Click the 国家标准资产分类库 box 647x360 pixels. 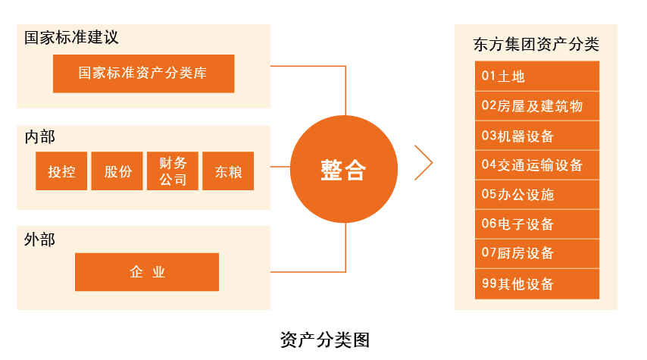coord(144,74)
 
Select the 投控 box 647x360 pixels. coord(61,171)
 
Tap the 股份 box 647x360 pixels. coord(117,171)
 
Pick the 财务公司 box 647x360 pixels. coord(173,171)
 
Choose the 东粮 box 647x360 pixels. coord(228,171)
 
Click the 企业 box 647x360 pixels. coord(147,272)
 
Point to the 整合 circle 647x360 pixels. coord(344,169)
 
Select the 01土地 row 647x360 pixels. coord(537,76)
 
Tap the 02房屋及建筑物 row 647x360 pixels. coord(537,106)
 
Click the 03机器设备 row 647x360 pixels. coord(537,136)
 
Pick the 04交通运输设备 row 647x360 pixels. coord(537,165)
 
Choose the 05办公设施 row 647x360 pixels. coord(537,195)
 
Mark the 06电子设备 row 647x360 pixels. coord(537,224)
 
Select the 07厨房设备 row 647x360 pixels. coord(537,253)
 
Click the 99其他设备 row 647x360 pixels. coord(537,284)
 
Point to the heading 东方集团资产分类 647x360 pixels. coord(536,44)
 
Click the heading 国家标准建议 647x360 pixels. coord(71,38)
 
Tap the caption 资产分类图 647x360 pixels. coord(325,340)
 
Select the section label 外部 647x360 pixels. coord(39,239)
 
